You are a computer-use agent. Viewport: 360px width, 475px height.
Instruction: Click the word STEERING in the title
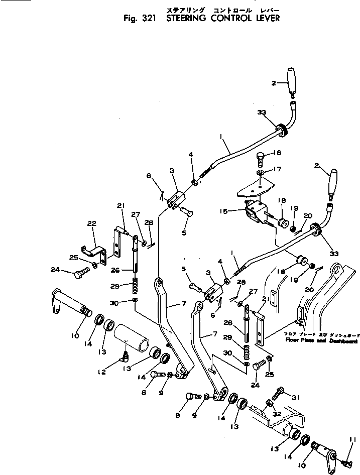pyautogui.click(x=187, y=20)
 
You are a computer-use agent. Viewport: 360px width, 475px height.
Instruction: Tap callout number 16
pyautogui.click(x=278, y=153)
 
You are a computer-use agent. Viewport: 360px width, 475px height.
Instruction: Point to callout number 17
pyautogui.click(x=278, y=169)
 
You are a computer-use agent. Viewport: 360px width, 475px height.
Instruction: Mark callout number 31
pyautogui.click(x=295, y=397)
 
